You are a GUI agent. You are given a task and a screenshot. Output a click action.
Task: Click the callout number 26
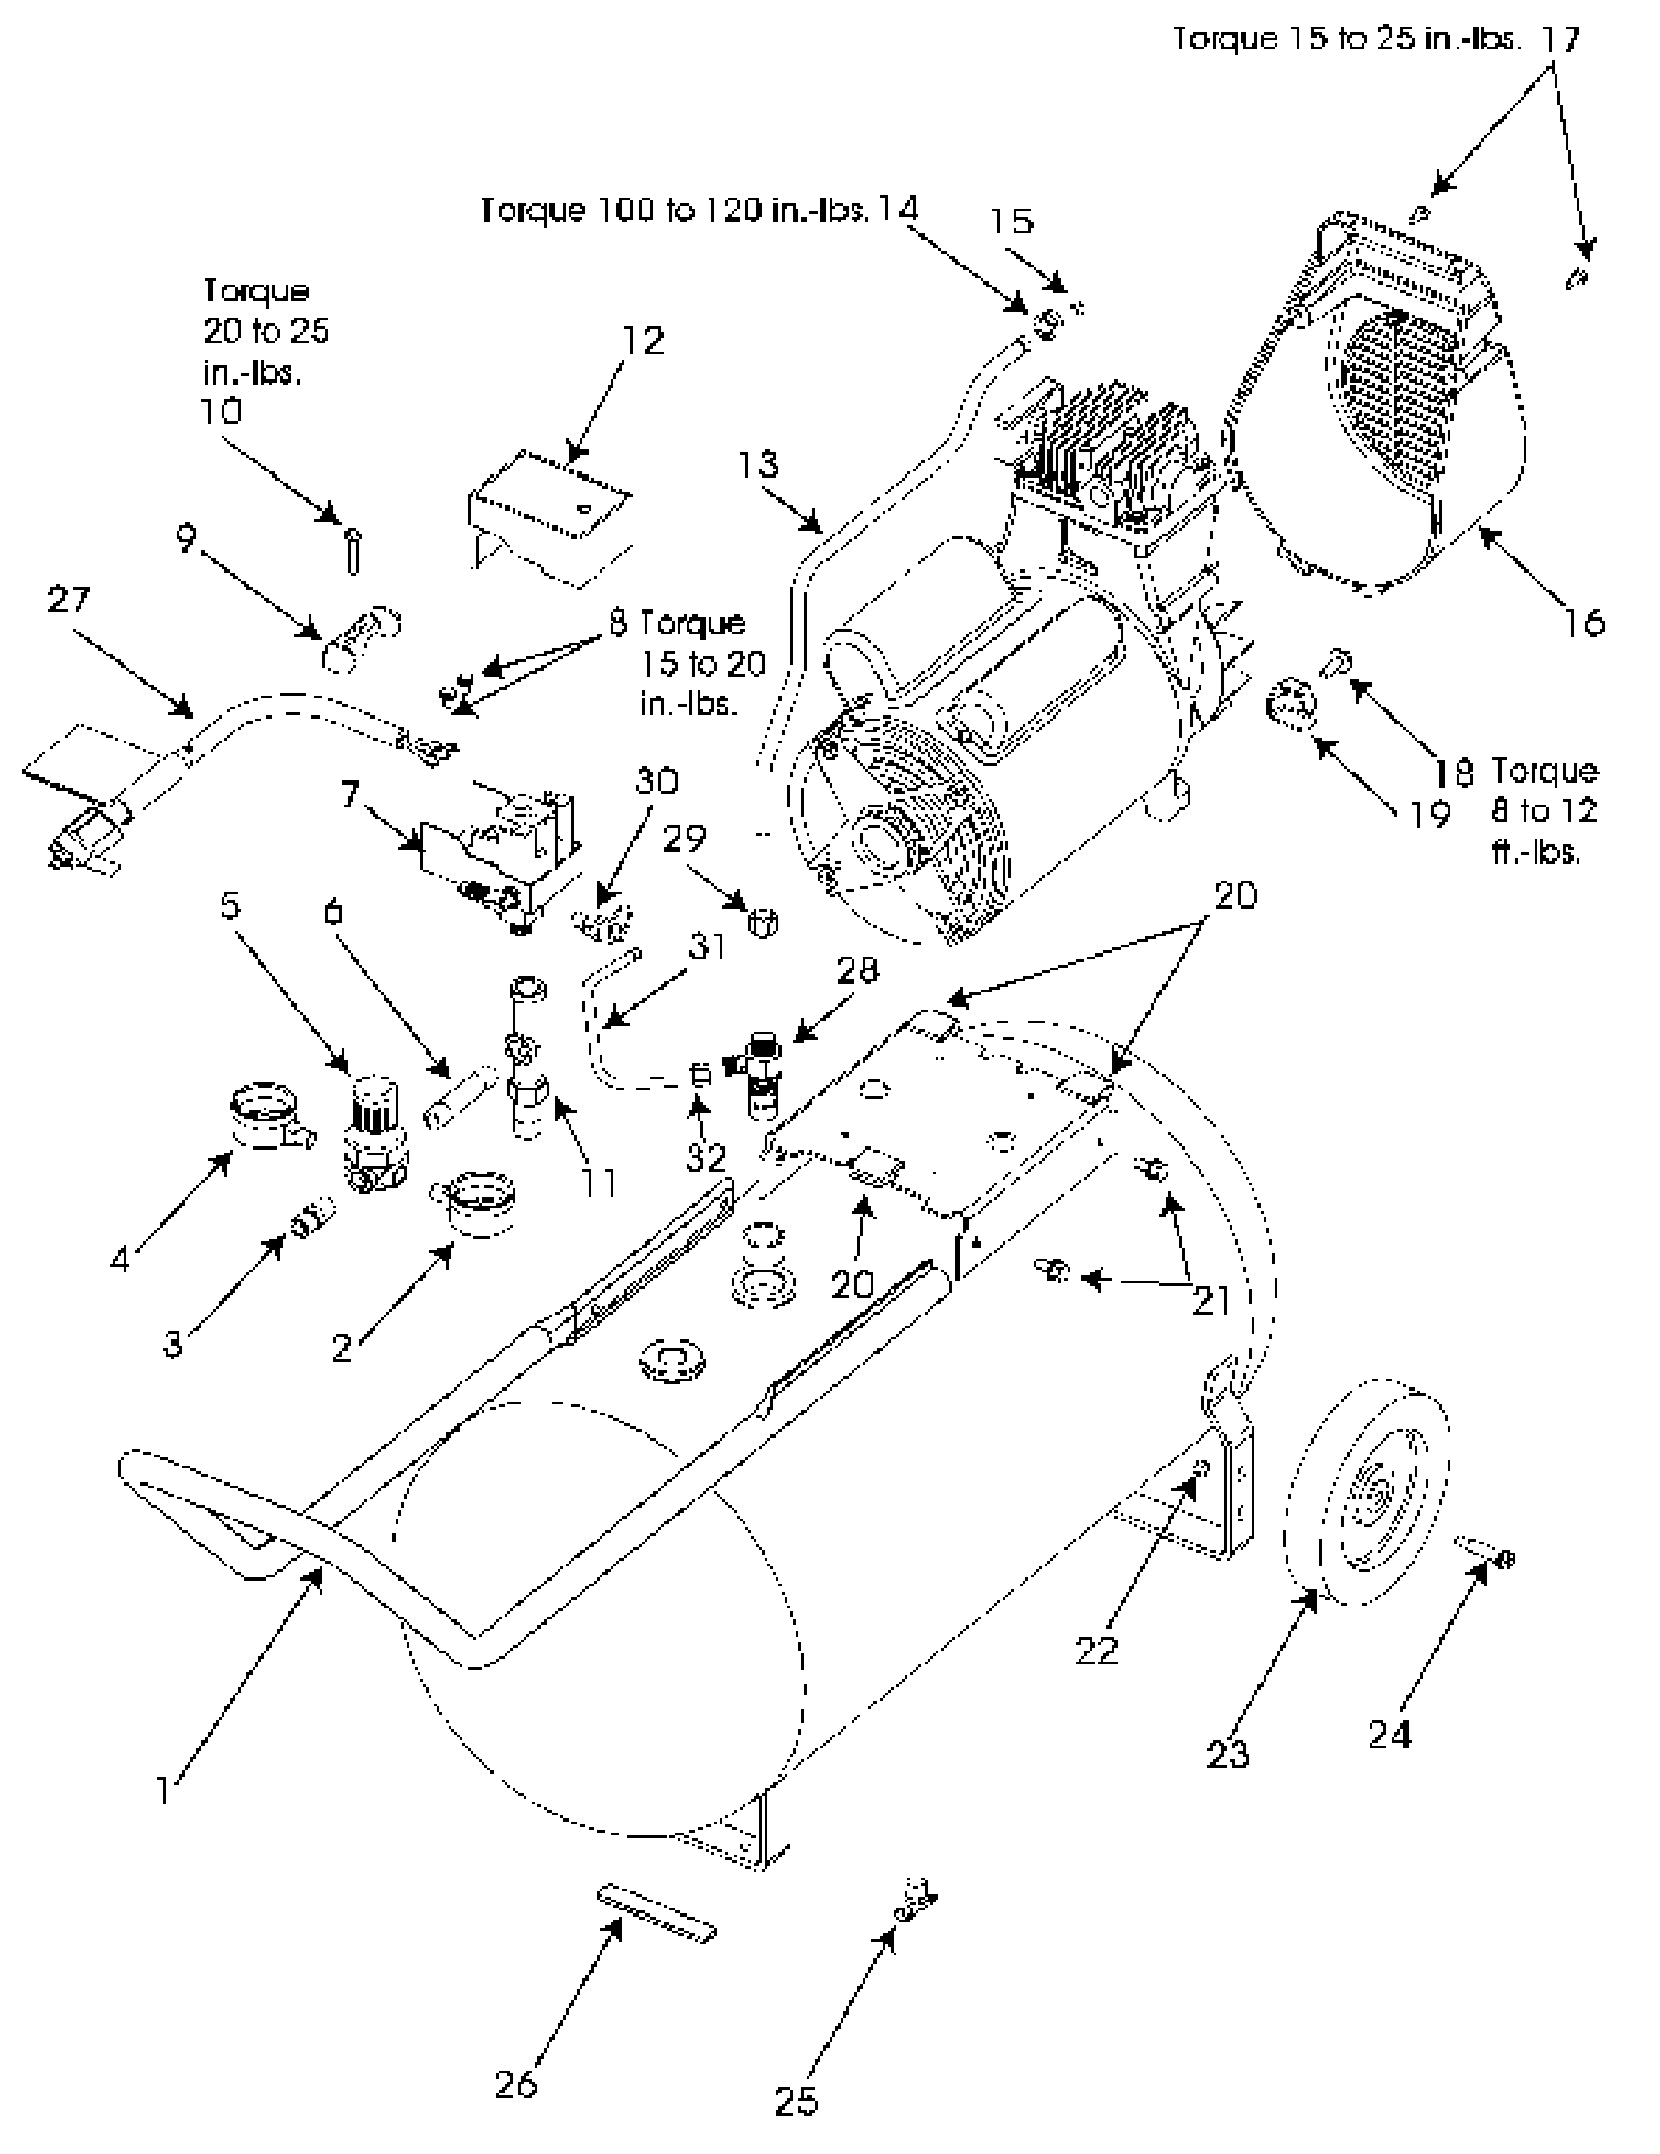pyautogui.click(x=515, y=2084)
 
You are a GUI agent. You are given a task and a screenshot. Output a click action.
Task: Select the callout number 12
pyautogui.click(x=643, y=341)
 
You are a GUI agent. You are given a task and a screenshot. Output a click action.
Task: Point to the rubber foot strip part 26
pyautogui.click(x=656, y=1914)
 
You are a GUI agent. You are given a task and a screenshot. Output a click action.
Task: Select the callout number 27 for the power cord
pyautogui.click(x=68, y=599)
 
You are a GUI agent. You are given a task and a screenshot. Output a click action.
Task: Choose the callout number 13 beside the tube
pyautogui.click(x=757, y=464)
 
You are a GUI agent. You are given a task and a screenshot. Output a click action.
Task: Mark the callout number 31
pyautogui.click(x=706, y=947)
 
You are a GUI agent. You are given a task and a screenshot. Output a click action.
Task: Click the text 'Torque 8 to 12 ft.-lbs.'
pyautogui.click(x=1544, y=810)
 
